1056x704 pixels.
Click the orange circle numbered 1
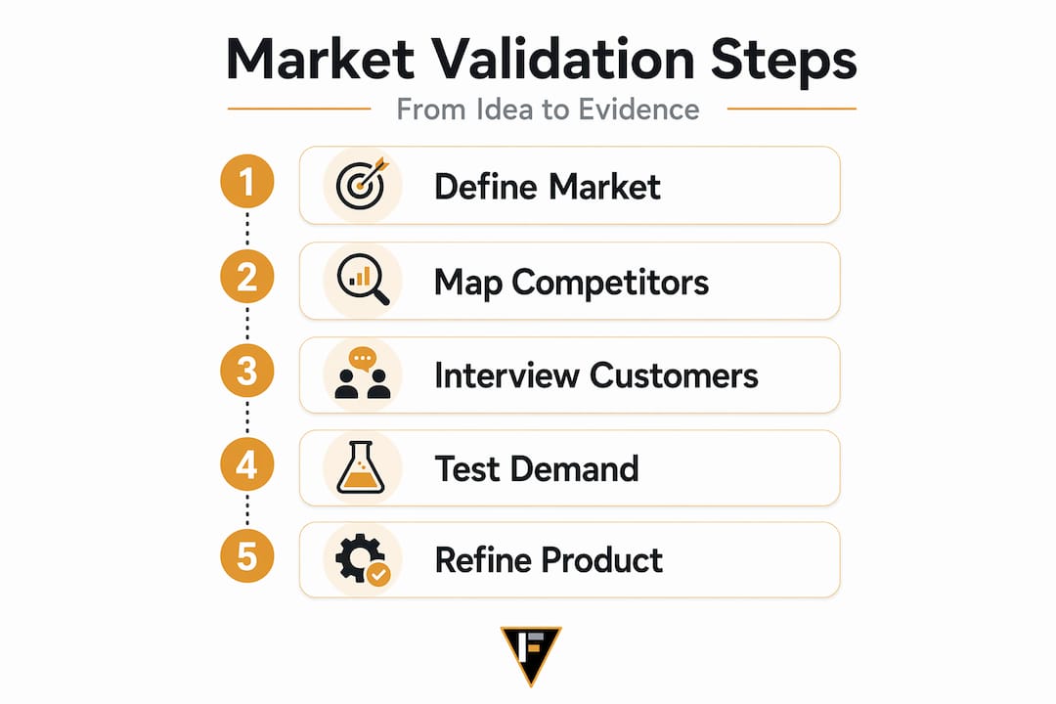247,181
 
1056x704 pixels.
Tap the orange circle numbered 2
247,276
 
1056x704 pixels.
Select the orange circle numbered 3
247,371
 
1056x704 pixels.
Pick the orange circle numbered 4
247,464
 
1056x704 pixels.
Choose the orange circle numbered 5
247,556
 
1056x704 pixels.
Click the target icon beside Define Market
363,184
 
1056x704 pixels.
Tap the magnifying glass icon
363,279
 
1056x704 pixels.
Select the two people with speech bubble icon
363,374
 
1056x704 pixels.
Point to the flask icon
361,467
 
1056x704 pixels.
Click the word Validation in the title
563,60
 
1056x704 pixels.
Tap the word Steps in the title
784,62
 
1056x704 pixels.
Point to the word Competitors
610,283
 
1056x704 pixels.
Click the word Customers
674,375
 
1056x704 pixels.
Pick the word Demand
575,468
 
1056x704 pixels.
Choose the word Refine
483,560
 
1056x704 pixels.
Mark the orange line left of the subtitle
299,109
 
